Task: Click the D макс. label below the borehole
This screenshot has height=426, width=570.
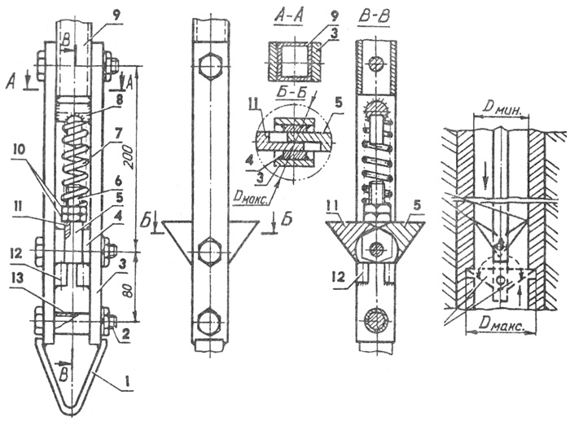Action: (x=502, y=324)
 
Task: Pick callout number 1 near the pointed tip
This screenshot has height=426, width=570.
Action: (x=126, y=382)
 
